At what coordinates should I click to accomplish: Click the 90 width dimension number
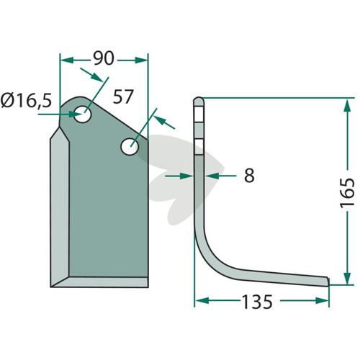click(104, 58)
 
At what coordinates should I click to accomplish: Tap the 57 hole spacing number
click(123, 96)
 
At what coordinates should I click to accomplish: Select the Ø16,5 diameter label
click(26, 100)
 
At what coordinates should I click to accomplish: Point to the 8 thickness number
click(249, 176)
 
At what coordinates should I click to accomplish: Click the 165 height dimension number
click(347, 192)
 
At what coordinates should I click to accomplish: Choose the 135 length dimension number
click(257, 302)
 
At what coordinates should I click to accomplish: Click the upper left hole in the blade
click(82, 114)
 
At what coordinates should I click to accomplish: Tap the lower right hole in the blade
click(130, 146)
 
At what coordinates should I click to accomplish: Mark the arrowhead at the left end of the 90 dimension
click(66, 60)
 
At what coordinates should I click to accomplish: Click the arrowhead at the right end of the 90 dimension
click(141, 60)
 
